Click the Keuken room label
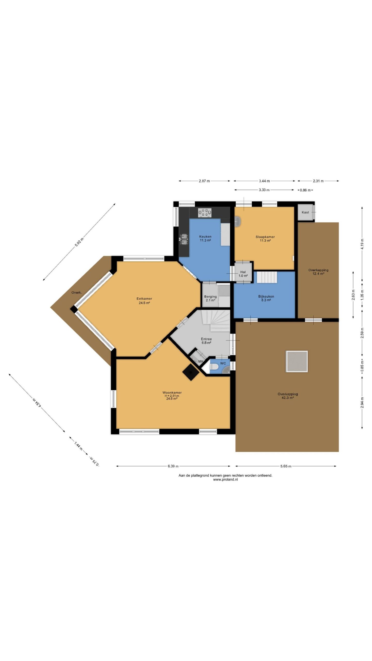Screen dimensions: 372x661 click(205, 238)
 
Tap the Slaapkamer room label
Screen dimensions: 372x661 click(265, 239)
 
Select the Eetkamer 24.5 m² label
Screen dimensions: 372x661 click(144, 301)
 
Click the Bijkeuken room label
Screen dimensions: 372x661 click(266, 298)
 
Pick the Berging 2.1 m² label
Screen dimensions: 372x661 click(210, 298)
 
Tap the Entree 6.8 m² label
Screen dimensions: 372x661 click(206, 341)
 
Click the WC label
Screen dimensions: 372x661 click(223, 363)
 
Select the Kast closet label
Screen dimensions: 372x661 click(305, 212)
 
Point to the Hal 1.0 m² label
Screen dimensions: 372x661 click(243, 274)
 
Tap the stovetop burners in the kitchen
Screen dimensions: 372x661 click(205, 213)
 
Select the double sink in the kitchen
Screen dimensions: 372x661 click(184, 239)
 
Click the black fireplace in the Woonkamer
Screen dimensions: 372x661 click(191, 372)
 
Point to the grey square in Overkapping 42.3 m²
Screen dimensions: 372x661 click(297, 361)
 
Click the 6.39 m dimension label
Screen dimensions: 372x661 click(173, 466)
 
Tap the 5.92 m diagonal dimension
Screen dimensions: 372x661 click(79, 242)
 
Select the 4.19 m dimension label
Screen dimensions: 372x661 click(362, 244)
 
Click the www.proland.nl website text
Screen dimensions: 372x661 click(225, 479)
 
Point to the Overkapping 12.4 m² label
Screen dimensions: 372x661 click(318, 272)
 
